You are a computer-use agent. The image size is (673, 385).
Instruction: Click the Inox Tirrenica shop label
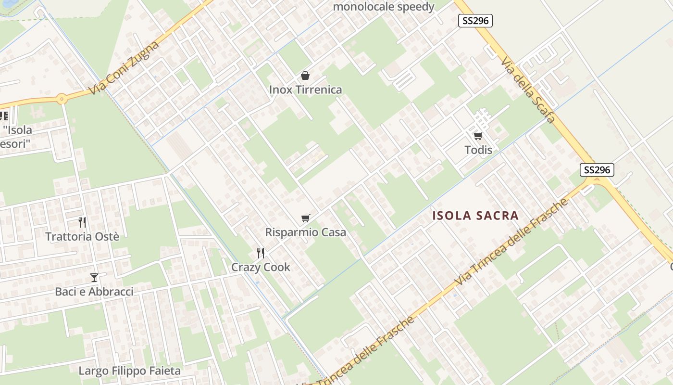tap(305, 90)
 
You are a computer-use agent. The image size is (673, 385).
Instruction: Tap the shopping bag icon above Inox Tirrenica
tap(305, 76)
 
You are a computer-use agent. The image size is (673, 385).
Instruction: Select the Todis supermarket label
tap(478, 150)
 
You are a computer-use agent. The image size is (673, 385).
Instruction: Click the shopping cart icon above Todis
tap(478, 136)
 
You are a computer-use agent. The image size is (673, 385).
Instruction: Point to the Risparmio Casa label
tap(306, 232)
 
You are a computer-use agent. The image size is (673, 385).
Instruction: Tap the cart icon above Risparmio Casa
tap(305, 218)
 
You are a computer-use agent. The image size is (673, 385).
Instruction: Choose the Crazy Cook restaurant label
tap(261, 267)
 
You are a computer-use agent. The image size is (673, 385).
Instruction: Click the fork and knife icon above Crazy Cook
tap(261, 253)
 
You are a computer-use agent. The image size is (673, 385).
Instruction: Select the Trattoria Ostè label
tap(82, 236)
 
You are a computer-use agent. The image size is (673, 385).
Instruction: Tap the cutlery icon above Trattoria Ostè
tap(82, 222)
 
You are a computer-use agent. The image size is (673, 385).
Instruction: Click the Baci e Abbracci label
tap(94, 292)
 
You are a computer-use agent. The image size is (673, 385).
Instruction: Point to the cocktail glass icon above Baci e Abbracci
tap(94, 278)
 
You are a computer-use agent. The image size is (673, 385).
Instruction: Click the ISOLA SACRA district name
tap(475, 216)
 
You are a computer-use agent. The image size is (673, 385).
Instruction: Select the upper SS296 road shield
tap(475, 20)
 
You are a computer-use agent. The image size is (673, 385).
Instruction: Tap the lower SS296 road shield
tap(597, 170)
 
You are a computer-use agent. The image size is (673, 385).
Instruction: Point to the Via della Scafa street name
tap(528, 89)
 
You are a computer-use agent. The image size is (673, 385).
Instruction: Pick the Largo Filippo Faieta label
tap(129, 371)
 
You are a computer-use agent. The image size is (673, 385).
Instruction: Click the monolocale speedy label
tap(384, 7)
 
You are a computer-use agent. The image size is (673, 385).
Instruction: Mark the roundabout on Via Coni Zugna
tap(62, 99)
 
